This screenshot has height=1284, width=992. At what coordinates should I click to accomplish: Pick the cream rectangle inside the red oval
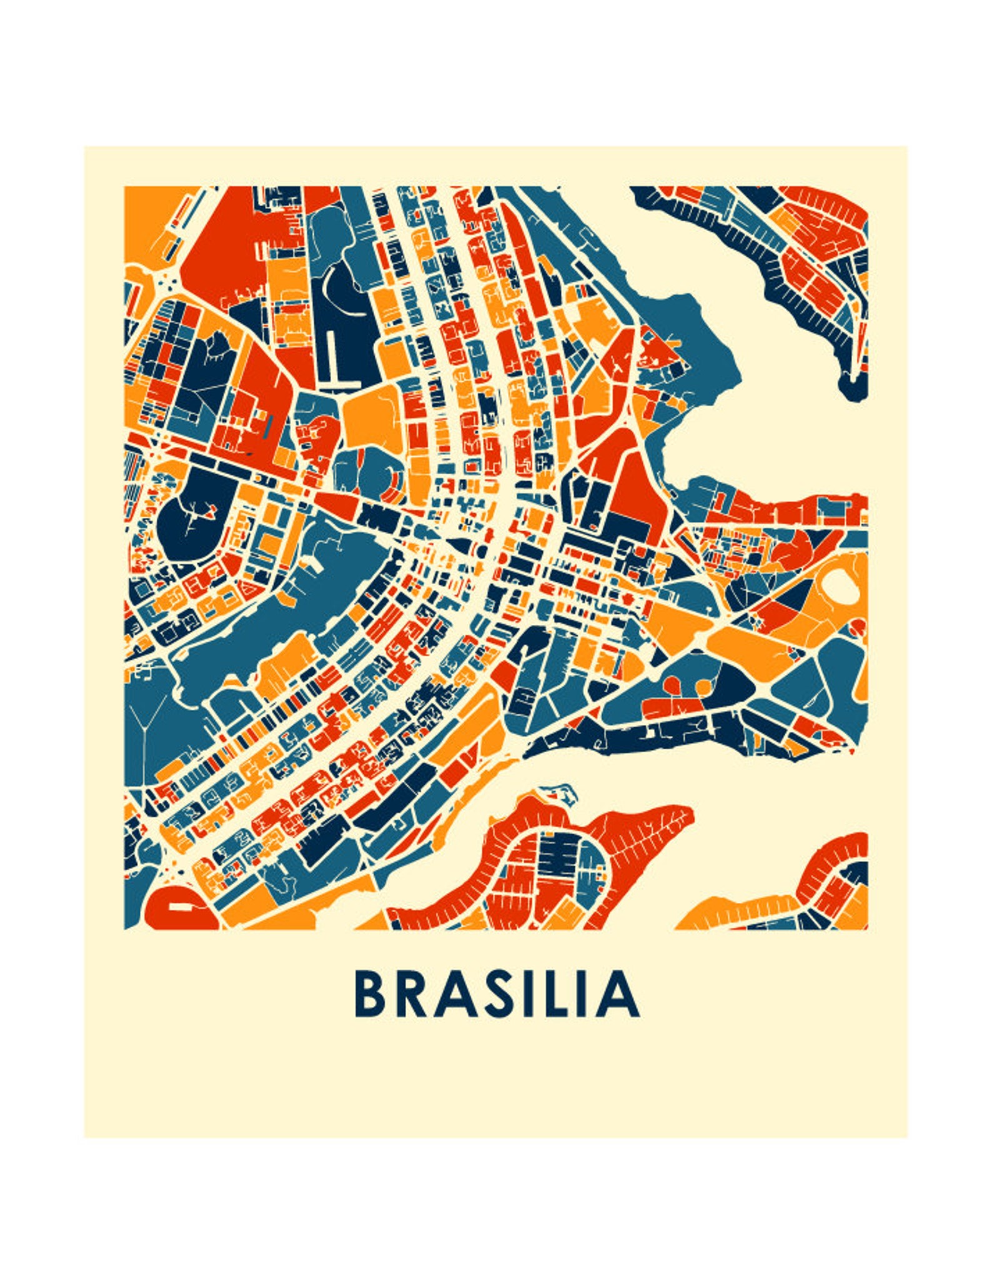tap(177, 905)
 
